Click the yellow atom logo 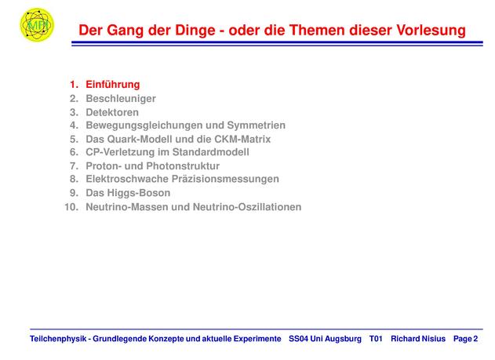point(37,24)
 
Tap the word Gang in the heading point(125,31)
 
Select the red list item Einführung point(113,85)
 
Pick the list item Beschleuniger point(121,99)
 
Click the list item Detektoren point(112,112)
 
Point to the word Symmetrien point(256,125)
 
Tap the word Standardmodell point(210,152)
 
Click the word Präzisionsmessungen point(225,179)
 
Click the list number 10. point(71,207)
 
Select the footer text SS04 point(298,339)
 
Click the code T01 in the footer point(376,339)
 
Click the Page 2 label point(466,339)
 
